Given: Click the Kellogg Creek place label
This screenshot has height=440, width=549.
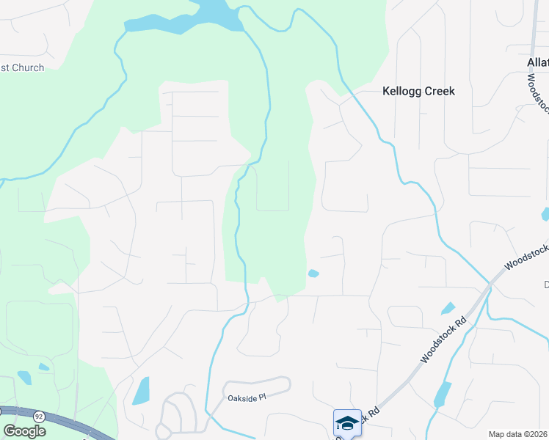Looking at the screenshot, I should (x=418, y=92).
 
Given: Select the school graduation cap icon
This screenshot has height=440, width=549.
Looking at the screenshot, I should (x=347, y=422).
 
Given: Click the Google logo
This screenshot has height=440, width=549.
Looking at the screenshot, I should (x=24, y=431).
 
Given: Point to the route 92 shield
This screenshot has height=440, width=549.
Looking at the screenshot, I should (x=39, y=417).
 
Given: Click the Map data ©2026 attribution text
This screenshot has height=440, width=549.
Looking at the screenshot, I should (x=518, y=434).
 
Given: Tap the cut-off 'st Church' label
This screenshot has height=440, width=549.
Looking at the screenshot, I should (x=22, y=68).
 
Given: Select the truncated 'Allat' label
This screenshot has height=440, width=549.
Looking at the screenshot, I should (x=537, y=63).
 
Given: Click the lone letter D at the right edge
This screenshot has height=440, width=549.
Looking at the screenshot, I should (x=545, y=285).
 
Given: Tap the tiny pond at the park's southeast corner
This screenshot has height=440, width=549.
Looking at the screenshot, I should (x=313, y=274).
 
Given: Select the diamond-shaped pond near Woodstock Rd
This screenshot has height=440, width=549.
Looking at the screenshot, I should (x=448, y=309).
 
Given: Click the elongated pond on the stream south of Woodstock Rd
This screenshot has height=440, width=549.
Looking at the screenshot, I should (x=442, y=394).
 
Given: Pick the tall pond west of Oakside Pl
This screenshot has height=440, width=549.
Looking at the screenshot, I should (x=141, y=391).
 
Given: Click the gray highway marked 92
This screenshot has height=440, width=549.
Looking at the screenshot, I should (x=66, y=424).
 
